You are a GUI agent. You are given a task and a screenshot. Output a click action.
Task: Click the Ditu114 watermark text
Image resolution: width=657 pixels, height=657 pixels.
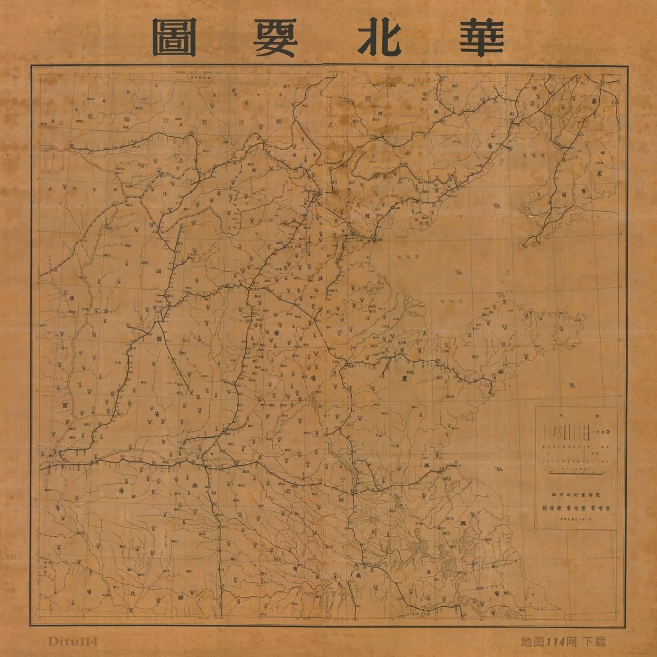click(72, 642)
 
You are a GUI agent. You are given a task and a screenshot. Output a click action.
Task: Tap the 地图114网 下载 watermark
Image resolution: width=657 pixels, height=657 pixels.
click(563, 642)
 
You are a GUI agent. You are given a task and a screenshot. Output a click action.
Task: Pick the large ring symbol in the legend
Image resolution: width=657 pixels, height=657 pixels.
click(608, 432)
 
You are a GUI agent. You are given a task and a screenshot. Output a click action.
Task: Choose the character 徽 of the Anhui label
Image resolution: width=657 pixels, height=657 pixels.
click(358, 577)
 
